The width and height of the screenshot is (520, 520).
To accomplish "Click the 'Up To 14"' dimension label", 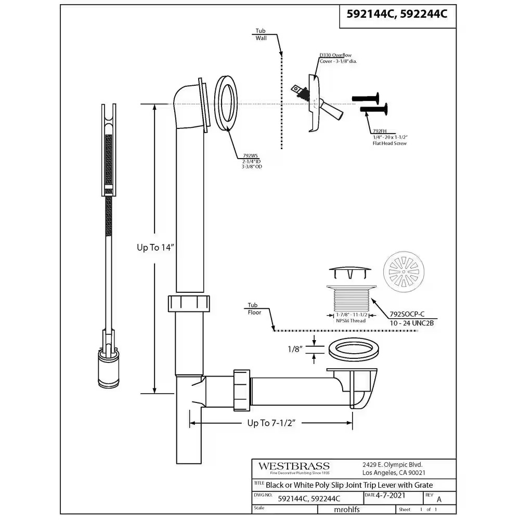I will click(x=155, y=248).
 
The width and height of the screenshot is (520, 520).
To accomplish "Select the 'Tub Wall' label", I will click(x=261, y=34).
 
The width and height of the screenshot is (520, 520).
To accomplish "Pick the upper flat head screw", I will click(x=367, y=98).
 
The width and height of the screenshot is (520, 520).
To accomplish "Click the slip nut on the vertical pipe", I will click(x=189, y=303).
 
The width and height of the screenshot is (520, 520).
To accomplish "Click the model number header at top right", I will click(x=397, y=15).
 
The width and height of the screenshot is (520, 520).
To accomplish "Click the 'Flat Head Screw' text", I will click(x=389, y=143).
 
